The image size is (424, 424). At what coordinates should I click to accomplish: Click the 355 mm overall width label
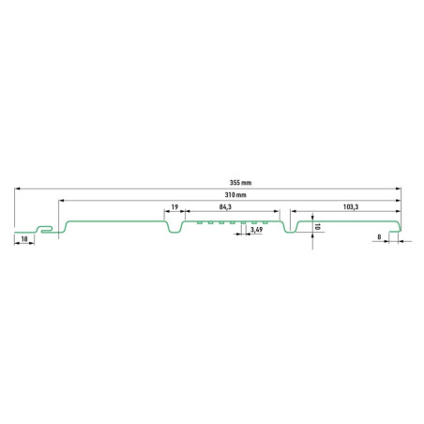coord(240,183)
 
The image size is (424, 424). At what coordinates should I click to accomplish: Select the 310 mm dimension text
coord(235,195)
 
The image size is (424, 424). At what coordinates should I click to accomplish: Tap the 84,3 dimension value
coord(225,206)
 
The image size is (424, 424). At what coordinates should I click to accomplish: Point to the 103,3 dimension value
coord(351,206)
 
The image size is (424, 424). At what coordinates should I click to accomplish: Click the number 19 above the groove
coord(174,206)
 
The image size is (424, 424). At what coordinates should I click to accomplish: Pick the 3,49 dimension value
coord(256,230)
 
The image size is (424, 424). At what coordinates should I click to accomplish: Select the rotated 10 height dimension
coord(318,227)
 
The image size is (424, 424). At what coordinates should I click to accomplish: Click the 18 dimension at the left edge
coord(24,239)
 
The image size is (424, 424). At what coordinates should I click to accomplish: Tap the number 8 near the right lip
coord(379,237)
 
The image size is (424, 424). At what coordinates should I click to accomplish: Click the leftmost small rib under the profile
coord(199,222)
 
